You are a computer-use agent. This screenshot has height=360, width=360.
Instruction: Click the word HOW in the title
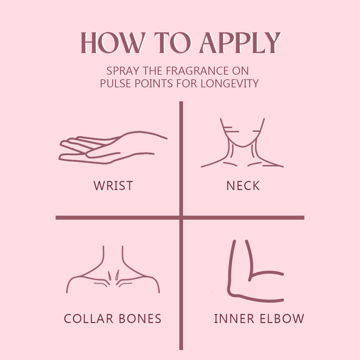113,43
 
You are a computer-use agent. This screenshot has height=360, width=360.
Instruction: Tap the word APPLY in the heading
240,43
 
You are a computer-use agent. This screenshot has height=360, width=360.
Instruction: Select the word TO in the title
173,43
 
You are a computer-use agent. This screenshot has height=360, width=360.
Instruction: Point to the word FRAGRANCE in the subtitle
197,71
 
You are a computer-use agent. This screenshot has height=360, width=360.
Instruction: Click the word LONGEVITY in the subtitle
230,83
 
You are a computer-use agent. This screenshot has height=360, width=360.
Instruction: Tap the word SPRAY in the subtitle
123,71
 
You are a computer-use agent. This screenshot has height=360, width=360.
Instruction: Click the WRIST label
113,186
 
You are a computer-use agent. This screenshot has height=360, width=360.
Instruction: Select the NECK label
243,186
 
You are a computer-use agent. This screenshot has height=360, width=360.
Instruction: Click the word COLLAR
89,319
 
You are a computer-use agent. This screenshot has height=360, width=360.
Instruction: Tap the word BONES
140,319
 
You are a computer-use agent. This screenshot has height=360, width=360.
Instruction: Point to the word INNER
234,319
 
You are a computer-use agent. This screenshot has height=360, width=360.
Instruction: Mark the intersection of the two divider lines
181,217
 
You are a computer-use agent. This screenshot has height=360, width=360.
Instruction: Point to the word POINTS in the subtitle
154,83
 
